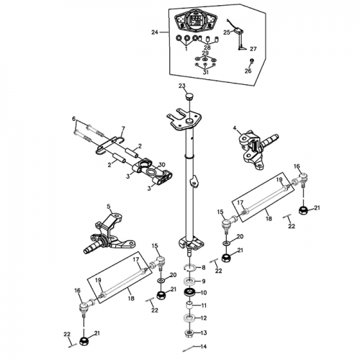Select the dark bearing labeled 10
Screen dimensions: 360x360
coord(189,292)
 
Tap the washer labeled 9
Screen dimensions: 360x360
coord(189,280)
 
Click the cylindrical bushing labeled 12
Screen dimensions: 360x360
coord(189,317)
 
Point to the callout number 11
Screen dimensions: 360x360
coord(203,305)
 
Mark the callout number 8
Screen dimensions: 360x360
coord(203,268)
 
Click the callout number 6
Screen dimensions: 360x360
coord(73,119)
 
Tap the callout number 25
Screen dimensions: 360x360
coord(226,32)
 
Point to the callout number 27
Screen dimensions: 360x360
coord(253,49)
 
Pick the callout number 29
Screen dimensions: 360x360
coord(205,54)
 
